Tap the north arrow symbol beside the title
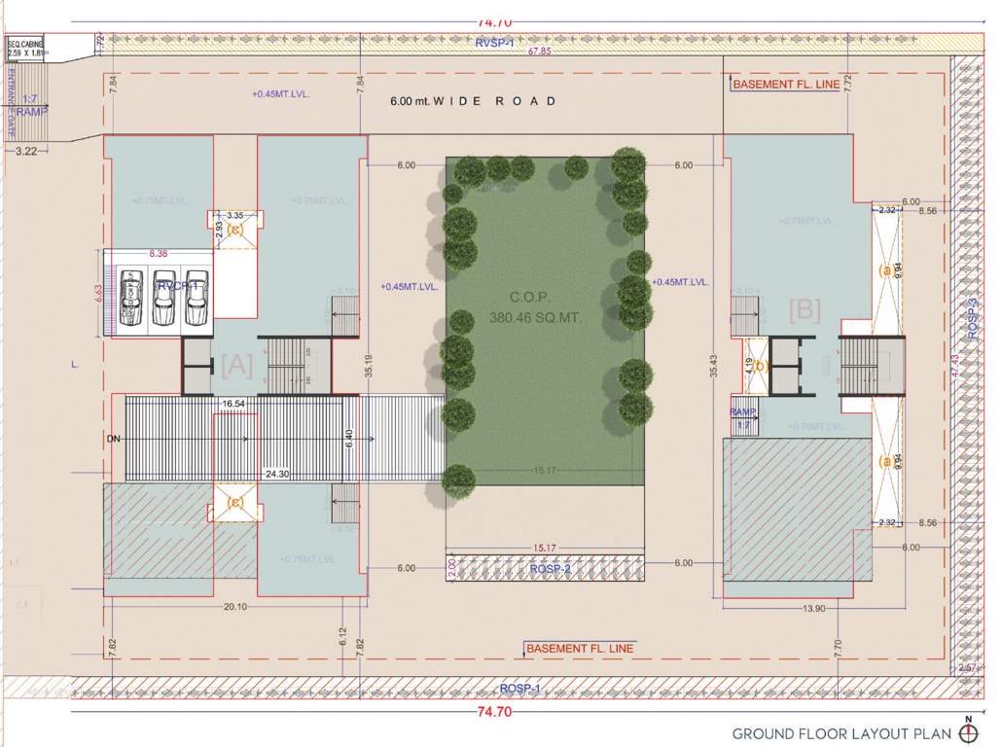(968, 730)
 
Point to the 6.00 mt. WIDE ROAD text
(474, 101)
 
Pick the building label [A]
(236, 366)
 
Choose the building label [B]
(805, 311)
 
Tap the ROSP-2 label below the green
(550, 568)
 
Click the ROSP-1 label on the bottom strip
(520, 689)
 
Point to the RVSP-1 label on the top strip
(494, 43)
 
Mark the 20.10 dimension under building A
(234, 607)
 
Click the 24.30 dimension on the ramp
(278, 475)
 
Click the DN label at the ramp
(115, 440)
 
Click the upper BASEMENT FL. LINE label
(786, 85)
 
